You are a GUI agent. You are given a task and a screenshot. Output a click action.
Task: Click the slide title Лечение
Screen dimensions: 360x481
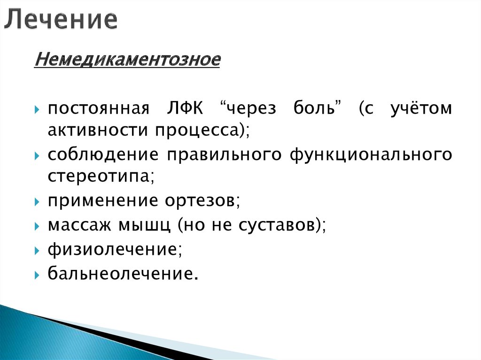(62, 20)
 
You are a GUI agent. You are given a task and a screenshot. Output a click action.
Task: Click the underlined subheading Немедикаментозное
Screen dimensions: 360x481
(127, 61)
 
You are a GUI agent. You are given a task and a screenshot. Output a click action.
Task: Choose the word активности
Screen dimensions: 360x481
(95, 130)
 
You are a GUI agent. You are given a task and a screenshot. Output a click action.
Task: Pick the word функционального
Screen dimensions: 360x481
(371, 155)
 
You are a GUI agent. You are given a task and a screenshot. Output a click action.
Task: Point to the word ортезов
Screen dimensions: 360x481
(202, 201)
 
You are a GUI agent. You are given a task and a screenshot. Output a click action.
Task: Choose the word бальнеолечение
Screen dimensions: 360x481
(120, 273)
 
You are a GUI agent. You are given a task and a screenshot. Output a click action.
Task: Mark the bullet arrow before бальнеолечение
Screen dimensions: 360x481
(37, 274)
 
